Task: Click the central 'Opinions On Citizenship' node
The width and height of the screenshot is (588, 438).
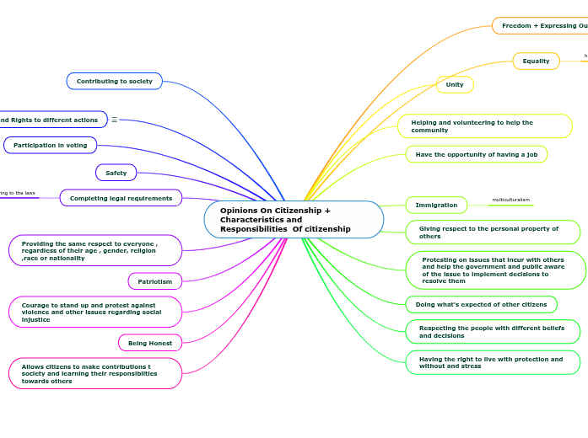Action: click(x=294, y=220)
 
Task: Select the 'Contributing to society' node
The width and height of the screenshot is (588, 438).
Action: click(x=115, y=82)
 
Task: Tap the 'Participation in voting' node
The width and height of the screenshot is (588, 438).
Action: click(x=51, y=145)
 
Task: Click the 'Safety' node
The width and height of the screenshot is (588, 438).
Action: click(x=116, y=173)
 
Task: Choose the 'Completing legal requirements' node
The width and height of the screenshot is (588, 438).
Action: click(x=121, y=198)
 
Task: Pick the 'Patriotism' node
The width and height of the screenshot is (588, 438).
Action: click(x=155, y=281)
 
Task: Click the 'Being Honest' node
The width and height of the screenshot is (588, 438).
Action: click(x=150, y=343)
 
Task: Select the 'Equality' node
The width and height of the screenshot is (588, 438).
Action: click(x=536, y=61)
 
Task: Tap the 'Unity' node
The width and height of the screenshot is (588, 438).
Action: click(x=455, y=84)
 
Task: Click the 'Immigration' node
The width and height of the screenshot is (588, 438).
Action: click(x=436, y=205)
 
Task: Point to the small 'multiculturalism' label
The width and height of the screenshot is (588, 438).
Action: click(x=511, y=200)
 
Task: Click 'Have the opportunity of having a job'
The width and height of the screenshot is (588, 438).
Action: click(x=477, y=154)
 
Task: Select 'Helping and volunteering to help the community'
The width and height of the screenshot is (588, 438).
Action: click(x=485, y=126)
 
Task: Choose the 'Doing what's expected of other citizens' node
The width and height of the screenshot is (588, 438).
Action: click(x=482, y=304)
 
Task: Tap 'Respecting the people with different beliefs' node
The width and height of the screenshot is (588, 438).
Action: click(x=493, y=332)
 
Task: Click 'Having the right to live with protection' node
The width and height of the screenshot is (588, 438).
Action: click(x=493, y=362)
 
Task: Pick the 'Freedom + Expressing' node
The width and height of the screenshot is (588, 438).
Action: click(x=540, y=26)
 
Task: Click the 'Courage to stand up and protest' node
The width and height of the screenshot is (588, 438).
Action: click(x=95, y=312)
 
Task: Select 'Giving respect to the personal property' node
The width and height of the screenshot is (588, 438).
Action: click(x=493, y=232)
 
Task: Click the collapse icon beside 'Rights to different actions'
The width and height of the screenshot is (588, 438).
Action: click(x=115, y=120)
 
